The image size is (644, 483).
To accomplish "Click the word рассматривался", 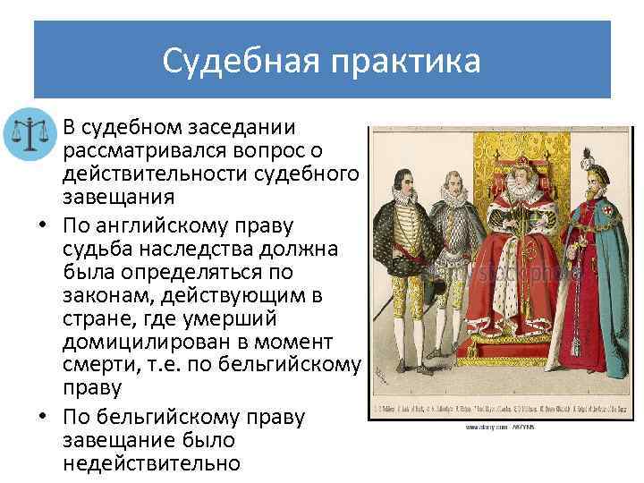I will pyautogui.click(x=161, y=149).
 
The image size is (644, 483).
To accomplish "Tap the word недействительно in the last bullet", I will pyautogui.click(x=151, y=462).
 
